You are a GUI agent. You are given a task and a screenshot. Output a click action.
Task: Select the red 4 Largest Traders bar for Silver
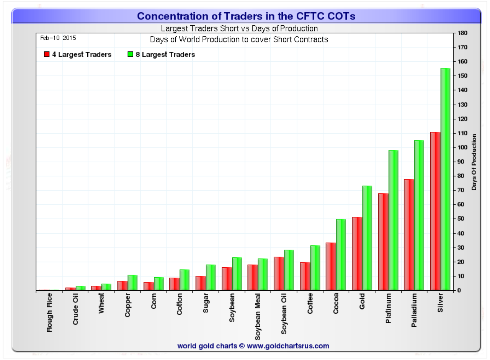point(435,211)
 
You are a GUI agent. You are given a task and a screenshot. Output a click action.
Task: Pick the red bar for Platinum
point(383,242)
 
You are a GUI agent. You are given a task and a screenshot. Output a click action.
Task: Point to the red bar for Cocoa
point(331,266)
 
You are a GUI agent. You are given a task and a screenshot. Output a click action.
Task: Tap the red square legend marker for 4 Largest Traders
point(47,54)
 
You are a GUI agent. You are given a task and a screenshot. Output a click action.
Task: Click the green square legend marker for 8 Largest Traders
point(130,54)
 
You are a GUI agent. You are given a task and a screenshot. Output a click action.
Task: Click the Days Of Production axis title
point(474,162)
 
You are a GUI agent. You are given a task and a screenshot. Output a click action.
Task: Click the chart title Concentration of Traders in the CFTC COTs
point(246,16)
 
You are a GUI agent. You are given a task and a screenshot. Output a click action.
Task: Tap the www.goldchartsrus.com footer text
point(288,346)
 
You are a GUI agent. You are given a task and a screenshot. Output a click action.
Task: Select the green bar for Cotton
point(185,280)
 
